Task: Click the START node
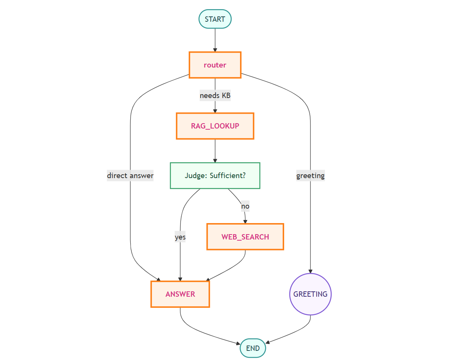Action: (215, 19)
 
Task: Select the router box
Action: (215, 65)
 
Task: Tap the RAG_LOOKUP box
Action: (215, 126)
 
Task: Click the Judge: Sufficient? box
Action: (215, 175)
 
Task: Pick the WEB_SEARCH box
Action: (245, 236)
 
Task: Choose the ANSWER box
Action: (180, 294)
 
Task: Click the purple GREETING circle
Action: (310, 294)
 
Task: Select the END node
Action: (253, 348)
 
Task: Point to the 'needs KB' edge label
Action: (215, 95)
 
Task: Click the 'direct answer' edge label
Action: (130, 175)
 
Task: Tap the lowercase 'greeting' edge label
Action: (310, 175)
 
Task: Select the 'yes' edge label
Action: (180, 237)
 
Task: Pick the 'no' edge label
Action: (245, 206)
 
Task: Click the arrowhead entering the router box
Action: (215, 50)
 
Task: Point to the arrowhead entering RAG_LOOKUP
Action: (215, 111)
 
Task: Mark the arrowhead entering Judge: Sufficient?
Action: (215, 161)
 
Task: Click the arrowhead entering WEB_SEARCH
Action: (245, 222)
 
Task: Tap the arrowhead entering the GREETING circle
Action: (310, 272)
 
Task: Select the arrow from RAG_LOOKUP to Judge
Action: (215, 151)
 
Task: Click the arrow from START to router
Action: (215, 40)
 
